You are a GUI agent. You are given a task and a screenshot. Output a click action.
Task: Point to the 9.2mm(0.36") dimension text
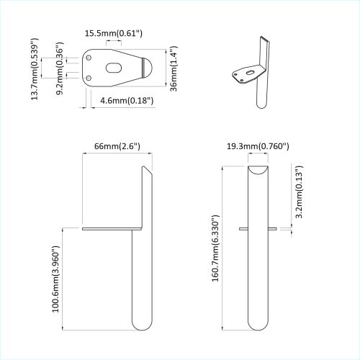pyautogui.click(x=60, y=73)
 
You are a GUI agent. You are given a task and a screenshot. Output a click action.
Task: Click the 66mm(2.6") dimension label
pyautogui.click(x=117, y=146)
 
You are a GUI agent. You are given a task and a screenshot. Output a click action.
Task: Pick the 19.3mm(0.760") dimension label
pyautogui.click(x=257, y=146)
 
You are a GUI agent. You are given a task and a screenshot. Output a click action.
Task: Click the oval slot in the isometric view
pyautogui.click(x=250, y=72)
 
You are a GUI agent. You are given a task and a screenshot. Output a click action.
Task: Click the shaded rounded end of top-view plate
pyautogui.click(x=146, y=68)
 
